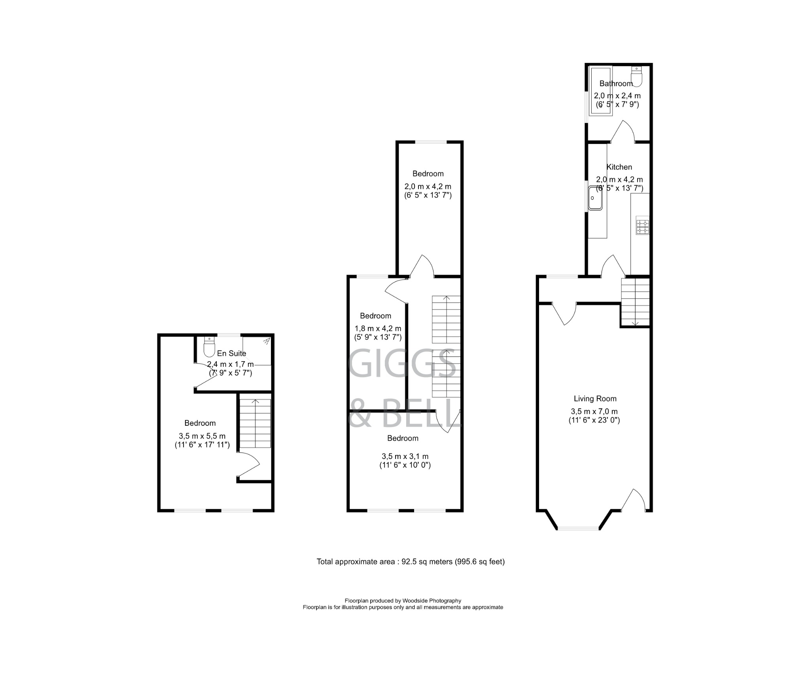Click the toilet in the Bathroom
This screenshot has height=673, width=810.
pyautogui.click(x=636, y=77)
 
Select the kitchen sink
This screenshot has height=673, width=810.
pyautogui.click(x=595, y=198)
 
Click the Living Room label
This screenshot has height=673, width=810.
pyautogui.click(x=595, y=399)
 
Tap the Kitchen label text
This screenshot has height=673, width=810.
pyautogui.click(x=619, y=167)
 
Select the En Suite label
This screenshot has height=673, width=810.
pyautogui.click(x=232, y=353)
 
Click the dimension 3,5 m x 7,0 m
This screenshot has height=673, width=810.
pyautogui.click(x=594, y=411)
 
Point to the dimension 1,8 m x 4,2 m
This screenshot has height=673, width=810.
pyautogui.click(x=378, y=328)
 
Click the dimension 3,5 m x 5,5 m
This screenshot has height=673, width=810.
pyautogui.click(x=202, y=436)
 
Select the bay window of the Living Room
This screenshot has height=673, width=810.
pyautogui.click(x=578, y=528)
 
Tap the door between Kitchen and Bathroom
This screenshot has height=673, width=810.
pyautogui.click(x=624, y=133)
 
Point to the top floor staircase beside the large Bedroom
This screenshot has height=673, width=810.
pyautogui.click(x=255, y=423)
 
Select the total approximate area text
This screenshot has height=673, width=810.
pyautogui.click(x=411, y=562)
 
